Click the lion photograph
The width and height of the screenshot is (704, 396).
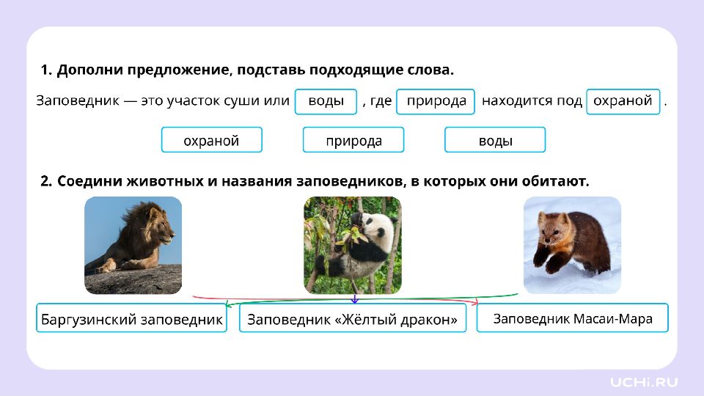[x=133, y=245]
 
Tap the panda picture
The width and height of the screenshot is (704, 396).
[x=353, y=245]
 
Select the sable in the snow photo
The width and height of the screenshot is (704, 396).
[x=572, y=245]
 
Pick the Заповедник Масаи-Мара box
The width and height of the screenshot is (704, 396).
[x=573, y=318]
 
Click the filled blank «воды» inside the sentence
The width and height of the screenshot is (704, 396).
[x=326, y=101]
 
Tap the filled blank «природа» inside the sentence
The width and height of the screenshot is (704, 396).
[x=436, y=101]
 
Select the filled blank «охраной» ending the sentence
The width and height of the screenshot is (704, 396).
[x=623, y=101]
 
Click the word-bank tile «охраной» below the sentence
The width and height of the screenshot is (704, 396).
[x=211, y=140]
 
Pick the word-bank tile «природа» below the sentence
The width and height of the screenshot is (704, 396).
[x=353, y=140]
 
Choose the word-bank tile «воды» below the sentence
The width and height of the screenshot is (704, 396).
[x=495, y=140]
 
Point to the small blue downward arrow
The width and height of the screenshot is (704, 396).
[x=355, y=298]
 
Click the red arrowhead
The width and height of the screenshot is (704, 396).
[x=475, y=301]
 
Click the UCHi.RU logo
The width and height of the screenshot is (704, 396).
[x=644, y=382]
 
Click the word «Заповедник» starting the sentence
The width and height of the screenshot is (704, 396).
[x=78, y=100]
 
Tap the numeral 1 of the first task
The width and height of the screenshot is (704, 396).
[x=45, y=70]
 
